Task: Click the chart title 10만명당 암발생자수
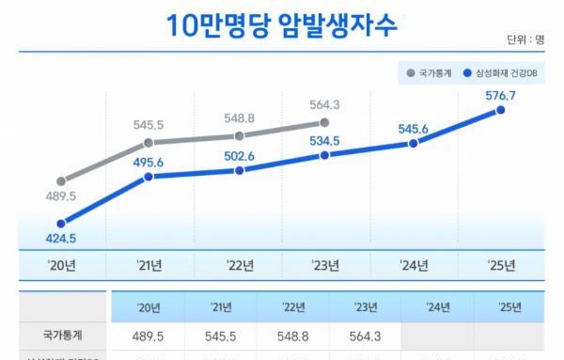[x=282, y=24]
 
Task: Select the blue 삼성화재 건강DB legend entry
[x=504, y=72]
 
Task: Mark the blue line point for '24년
[x=414, y=143]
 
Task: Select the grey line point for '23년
[x=324, y=122]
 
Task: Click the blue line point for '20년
[x=61, y=224]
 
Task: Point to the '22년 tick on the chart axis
[x=241, y=266]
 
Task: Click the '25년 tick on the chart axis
[x=501, y=266]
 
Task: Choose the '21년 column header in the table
[x=222, y=306]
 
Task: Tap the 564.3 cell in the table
[x=366, y=334]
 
